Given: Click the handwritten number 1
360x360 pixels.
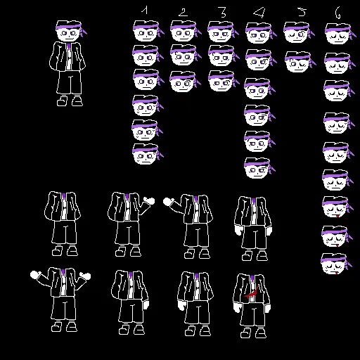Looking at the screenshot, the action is click(145, 11).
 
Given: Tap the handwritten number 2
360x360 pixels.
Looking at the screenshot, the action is click(183, 12).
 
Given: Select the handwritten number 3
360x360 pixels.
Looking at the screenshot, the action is click(222, 12).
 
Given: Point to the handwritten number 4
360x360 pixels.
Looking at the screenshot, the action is click(259, 13).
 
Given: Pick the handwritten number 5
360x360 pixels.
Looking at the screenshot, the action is click(302, 12).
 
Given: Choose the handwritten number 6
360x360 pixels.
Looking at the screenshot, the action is click(337, 13).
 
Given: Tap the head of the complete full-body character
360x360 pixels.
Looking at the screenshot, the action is click(70, 31).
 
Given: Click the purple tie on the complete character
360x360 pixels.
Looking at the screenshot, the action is click(68, 47).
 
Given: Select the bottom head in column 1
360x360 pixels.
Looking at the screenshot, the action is click(146, 154).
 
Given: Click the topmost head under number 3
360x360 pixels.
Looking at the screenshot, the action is click(222, 32).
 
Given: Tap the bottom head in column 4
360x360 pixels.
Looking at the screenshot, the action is click(259, 168).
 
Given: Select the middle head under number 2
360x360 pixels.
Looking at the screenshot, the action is click(184, 55).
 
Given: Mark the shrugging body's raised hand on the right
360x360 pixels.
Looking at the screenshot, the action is click(85, 276).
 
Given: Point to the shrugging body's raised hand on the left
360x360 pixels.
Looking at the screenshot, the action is click(35, 275).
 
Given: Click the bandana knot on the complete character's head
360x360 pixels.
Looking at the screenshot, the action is click(83, 32).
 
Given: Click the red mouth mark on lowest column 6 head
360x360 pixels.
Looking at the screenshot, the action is click(337, 272).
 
